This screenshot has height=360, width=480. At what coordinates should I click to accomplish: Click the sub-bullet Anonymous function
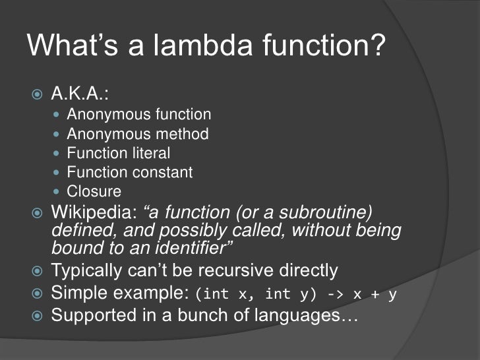coord(138,115)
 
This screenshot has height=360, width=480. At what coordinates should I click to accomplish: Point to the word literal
coord(151,154)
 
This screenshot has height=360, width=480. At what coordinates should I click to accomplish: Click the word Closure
coord(94,192)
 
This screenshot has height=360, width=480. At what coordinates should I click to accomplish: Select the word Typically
coord(87,271)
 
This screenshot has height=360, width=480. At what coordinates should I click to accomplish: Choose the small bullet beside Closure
coord(55,193)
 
